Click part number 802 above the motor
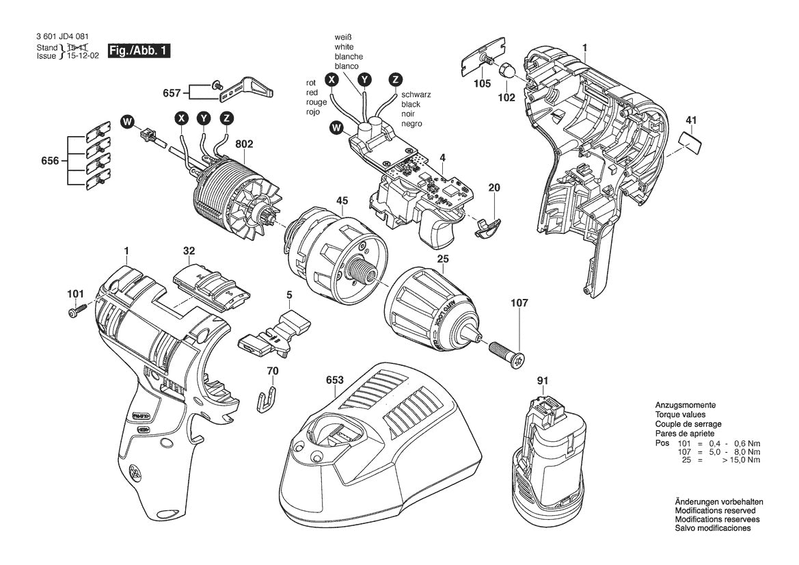pyautogui.click(x=244, y=144)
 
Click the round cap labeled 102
pyautogui.click(x=506, y=71)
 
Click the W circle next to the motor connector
pyautogui.click(x=126, y=122)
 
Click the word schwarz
pyautogui.click(x=417, y=94)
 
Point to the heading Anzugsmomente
pyautogui.click(x=685, y=406)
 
